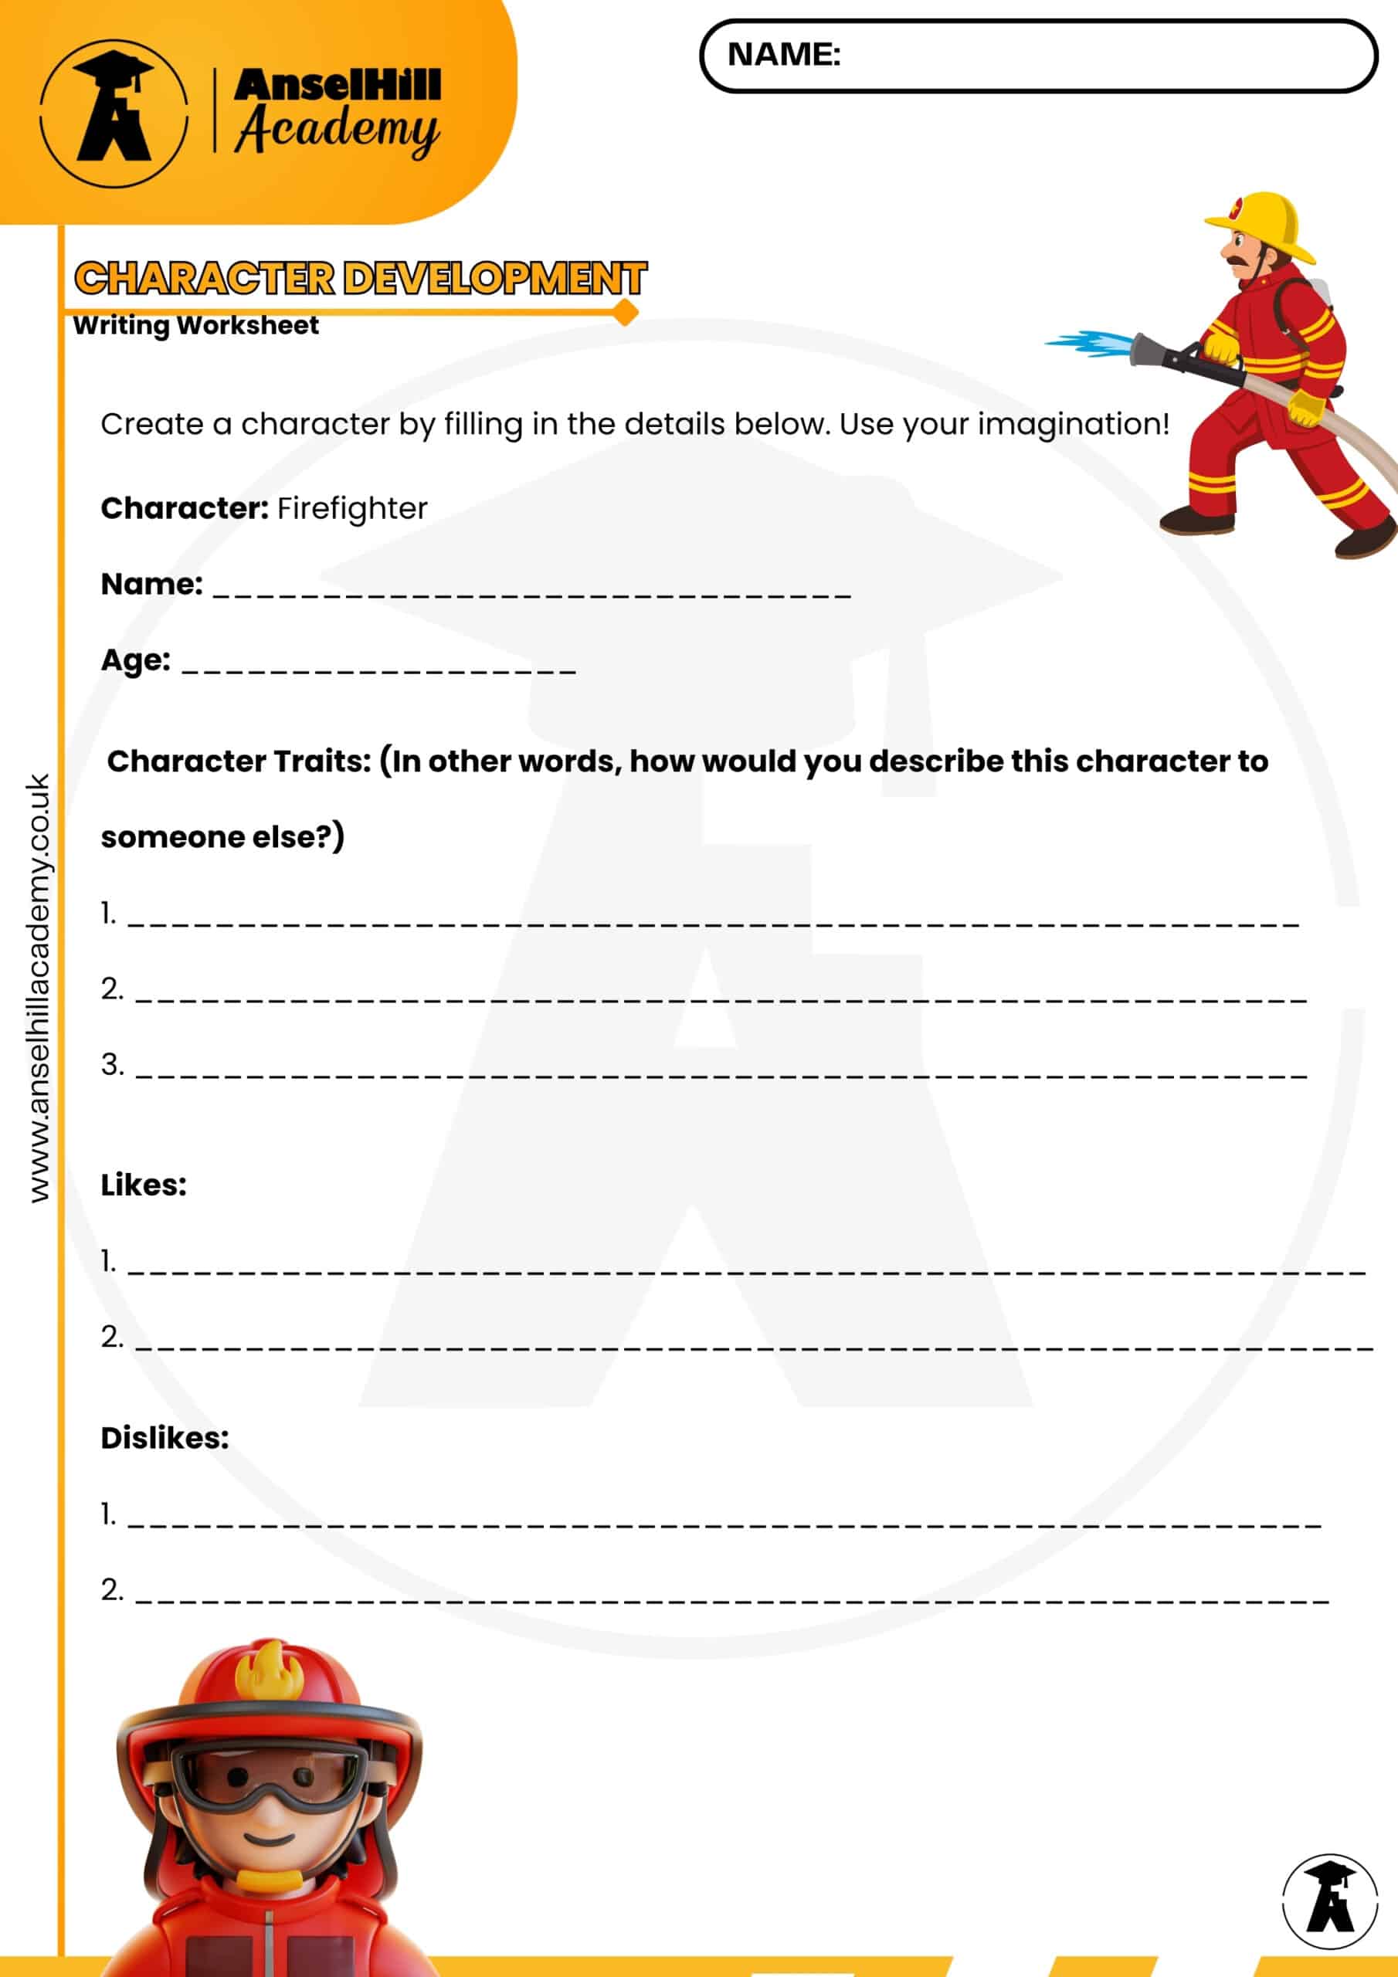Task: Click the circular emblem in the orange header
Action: click(114, 113)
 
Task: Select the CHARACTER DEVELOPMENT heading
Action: click(360, 278)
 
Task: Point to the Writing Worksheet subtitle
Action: click(195, 325)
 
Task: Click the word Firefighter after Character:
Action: click(352, 509)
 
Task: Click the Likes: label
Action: click(144, 1185)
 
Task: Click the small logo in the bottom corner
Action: click(1329, 1901)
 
